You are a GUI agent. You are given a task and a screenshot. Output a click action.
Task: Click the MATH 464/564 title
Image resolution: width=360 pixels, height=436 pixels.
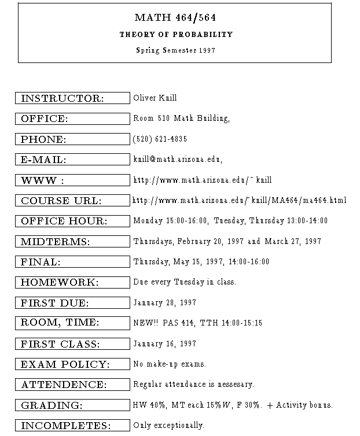point(175,18)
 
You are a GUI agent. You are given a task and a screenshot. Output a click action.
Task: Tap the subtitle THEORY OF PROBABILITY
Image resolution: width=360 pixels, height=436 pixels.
point(176,35)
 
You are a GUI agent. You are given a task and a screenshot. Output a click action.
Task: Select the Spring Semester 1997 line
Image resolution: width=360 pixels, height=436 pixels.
point(175,50)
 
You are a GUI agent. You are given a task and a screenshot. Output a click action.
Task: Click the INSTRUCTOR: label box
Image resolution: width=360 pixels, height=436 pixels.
point(72,98)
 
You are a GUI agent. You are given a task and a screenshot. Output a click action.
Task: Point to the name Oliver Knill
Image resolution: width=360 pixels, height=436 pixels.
point(155,98)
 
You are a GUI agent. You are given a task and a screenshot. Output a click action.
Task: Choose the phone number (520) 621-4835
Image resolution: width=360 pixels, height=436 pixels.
point(160,139)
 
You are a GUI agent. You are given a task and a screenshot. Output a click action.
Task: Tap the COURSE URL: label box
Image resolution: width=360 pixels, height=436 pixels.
point(72,201)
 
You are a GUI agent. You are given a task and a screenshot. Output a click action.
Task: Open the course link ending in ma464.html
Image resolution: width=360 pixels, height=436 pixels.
point(239,201)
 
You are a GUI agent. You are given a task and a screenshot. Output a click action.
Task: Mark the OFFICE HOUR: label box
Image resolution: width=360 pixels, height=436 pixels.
point(72,221)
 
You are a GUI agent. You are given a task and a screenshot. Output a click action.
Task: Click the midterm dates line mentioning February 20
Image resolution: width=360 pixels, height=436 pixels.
point(226,241)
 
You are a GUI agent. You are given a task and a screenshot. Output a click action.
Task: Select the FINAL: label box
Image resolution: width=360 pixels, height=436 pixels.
point(72,262)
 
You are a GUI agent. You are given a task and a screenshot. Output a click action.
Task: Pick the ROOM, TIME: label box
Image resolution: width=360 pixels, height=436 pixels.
point(72,323)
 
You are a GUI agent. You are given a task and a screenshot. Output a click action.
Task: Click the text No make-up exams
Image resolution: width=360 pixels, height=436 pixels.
point(170,364)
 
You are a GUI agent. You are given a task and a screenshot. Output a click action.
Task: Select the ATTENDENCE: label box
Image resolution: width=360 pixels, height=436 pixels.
point(72,385)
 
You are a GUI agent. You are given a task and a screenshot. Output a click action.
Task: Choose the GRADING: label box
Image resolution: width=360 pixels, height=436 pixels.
point(72,405)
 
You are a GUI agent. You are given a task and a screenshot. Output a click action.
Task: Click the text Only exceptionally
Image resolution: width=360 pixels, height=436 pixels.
point(168,426)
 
